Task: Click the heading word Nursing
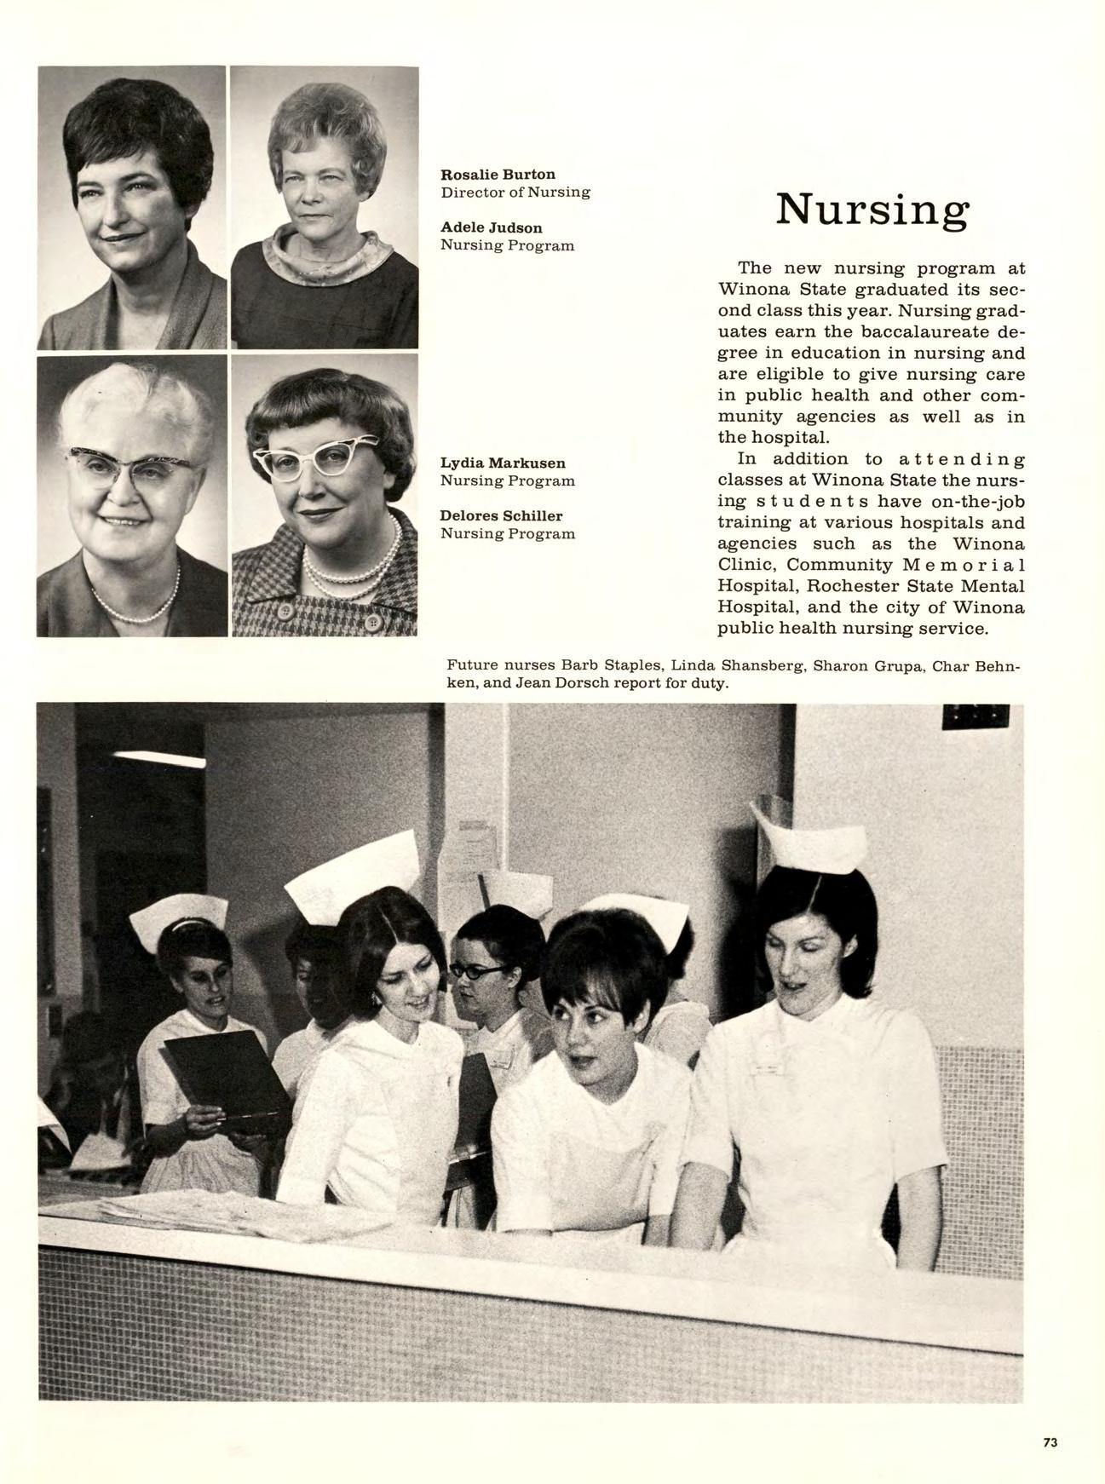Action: [x=872, y=210]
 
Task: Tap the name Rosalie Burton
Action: [x=498, y=175]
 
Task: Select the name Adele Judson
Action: [x=491, y=227]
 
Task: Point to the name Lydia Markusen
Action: [x=503, y=463]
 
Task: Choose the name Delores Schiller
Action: [x=501, y=515]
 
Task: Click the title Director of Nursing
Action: [x=515, y=192]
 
